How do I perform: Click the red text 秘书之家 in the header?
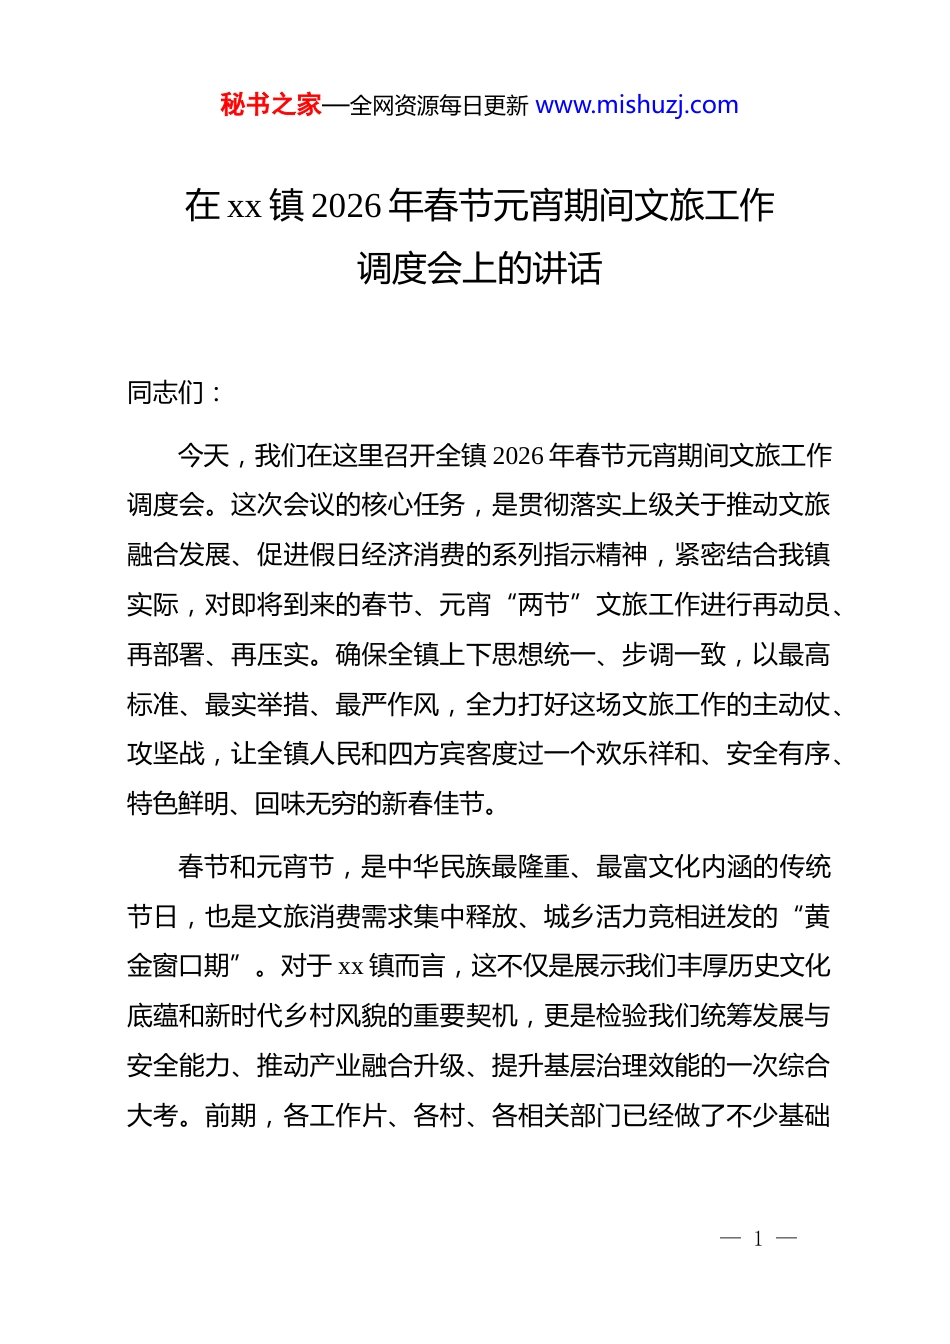pos(270,105)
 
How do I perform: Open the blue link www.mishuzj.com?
pos(637,105)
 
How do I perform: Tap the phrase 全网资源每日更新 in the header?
pos(438,106)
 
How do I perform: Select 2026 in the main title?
pos(347,206)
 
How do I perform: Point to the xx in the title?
pos(245,207)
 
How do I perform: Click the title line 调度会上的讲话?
pos(479,268)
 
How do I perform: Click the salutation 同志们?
pos(165,393)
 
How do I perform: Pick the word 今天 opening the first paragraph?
pos(204,456)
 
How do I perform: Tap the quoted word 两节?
pos(543,605)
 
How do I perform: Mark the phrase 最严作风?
pos(387,705)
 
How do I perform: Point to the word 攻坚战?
pos(166,754)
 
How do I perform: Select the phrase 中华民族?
pos(439,867)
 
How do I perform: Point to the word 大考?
pos(152,1116)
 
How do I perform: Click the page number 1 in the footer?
pos(758,1240)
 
